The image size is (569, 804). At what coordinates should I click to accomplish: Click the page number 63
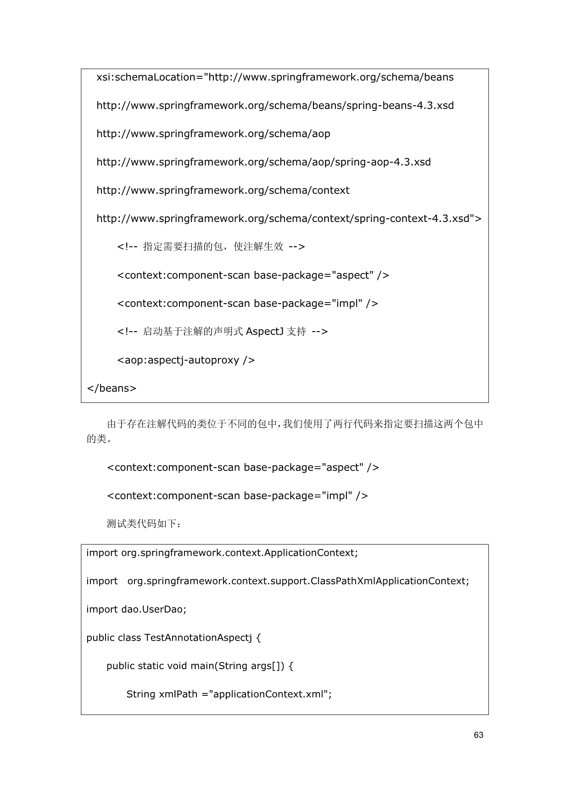[478, 735]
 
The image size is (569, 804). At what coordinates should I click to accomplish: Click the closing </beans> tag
[112, 388]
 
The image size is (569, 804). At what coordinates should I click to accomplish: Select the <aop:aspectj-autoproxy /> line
[186, 360]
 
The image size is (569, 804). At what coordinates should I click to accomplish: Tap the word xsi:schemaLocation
[146, 77]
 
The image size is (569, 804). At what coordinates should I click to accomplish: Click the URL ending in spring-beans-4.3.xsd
[275, 105]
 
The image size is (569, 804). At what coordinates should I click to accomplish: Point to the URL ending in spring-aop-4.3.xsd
[263, 162]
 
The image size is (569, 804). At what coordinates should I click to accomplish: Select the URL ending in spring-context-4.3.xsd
[289, 219]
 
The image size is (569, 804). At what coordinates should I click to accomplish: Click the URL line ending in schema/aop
[213, 134]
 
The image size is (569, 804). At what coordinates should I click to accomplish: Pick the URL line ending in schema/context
[223, 190]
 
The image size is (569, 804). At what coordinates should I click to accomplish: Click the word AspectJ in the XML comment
[264, 332]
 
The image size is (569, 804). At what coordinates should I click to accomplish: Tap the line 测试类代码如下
[144, 524]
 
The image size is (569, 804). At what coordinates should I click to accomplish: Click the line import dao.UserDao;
[136, 610]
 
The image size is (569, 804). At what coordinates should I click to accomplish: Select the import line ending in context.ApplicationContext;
[222, 553]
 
